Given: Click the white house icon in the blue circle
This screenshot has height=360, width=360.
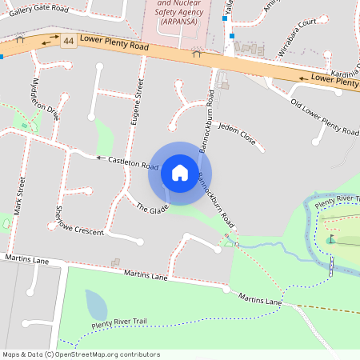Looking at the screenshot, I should point(180,172).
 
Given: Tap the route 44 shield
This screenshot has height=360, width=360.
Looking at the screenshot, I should point(69,41).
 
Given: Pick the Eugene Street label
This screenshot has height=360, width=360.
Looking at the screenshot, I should point(137,103).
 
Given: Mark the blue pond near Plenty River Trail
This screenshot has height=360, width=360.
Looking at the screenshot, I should point(96,305).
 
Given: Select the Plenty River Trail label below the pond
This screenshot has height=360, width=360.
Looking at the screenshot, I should point(119,324).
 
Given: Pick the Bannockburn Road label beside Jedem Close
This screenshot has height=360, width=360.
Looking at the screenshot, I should point(209,112).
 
